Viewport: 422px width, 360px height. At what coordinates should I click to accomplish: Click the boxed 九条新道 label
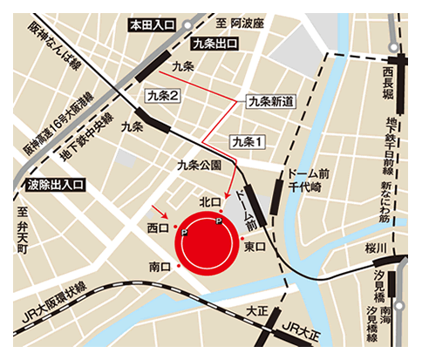[x=271, y=101]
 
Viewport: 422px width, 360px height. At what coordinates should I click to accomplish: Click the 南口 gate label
[x=159, y=266]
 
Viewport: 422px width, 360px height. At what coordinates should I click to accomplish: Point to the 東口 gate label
[x=255, y=248]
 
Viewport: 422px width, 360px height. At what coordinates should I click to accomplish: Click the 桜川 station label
[x=376, y=249]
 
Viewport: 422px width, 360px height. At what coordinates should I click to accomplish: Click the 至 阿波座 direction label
[x=249, y=24]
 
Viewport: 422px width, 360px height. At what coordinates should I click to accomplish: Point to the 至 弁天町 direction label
[x=23, y=229]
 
